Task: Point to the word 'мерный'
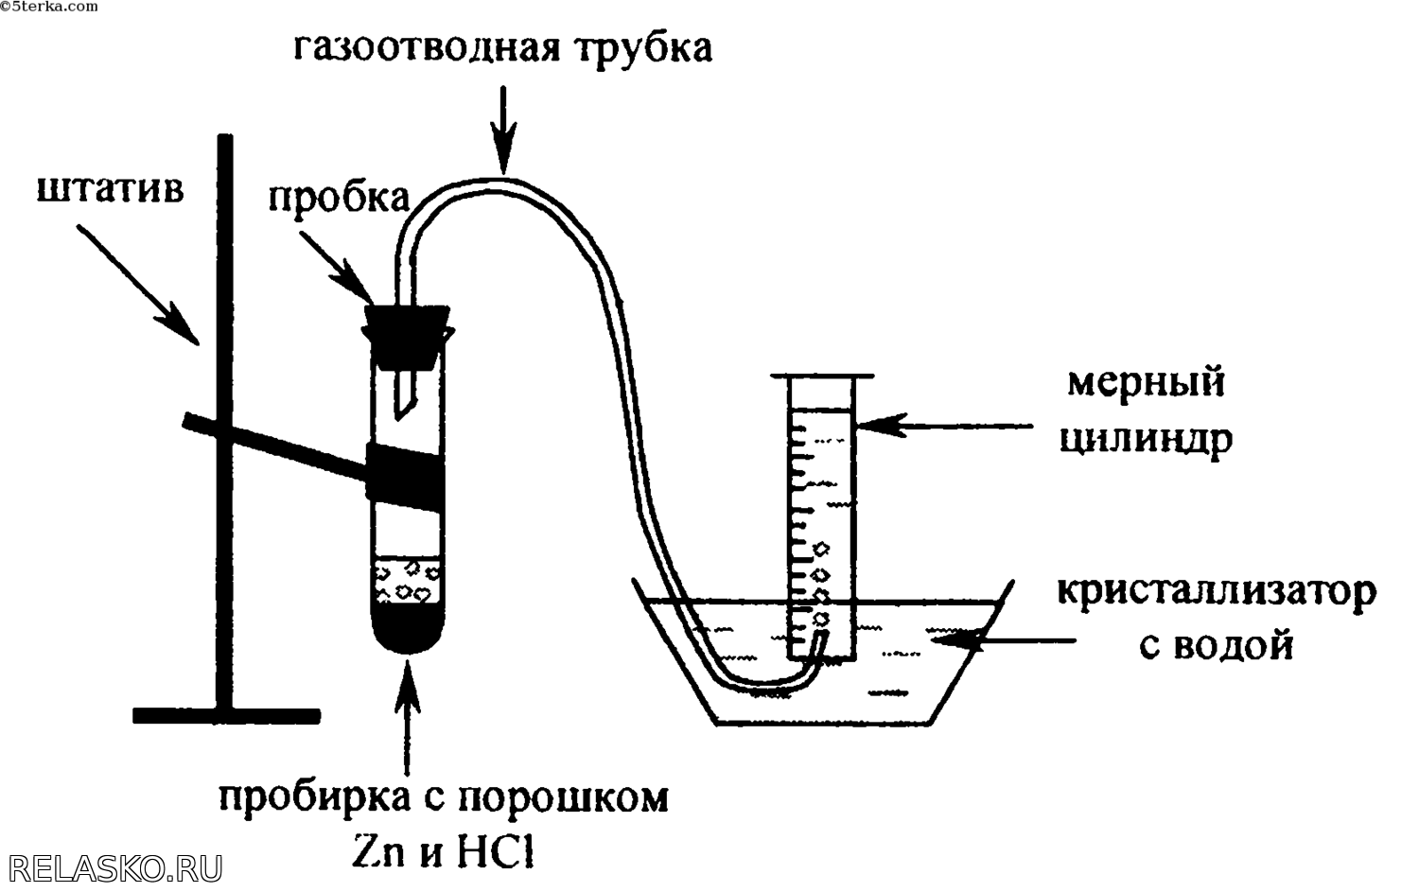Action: pyautogui.click(x=1146, y=383)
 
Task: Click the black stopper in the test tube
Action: pyautogui.click(x=406, y=334)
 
